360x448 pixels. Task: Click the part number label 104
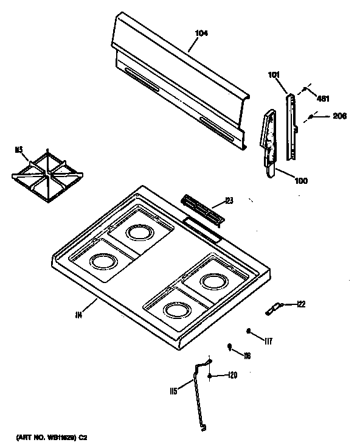pyautogui.click(x=202, y=33)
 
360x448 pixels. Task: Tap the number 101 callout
pyautogui.click(x=274, y=75)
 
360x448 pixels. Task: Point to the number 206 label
pyautogui.click(x=339, y=116)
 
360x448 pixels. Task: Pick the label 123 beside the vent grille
pyautogui.click(x=229, y=200)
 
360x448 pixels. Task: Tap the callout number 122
pyautogui.click(x=301, y=304)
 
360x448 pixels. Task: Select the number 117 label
pyautogui.click(x=268, y=341)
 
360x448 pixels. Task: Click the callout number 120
pyautogui.click(x=232, y=376)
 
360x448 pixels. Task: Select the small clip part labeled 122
pyautogui.click(x=274, y=309)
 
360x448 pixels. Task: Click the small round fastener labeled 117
pyautogui.click(x=249, y=331)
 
